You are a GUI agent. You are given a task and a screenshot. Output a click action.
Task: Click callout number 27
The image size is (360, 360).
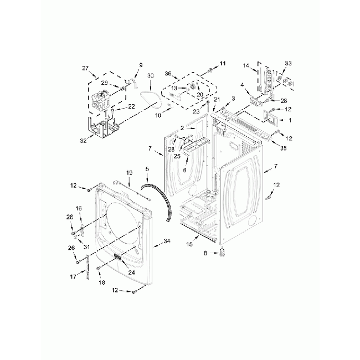(x=85, y=68)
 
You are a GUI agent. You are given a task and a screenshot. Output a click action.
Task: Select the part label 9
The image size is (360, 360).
(x=140, y=65)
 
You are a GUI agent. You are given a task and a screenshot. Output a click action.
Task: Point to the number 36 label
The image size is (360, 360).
(x=168, y=72)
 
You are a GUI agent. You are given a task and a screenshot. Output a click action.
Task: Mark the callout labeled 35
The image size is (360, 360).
(x=284, y=148)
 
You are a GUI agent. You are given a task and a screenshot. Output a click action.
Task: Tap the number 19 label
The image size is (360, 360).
(x=128, y=173)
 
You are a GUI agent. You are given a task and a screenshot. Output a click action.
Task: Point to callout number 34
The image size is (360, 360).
(x=167, y=241)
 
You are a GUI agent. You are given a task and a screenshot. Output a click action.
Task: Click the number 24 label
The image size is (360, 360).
(x=132, y=272)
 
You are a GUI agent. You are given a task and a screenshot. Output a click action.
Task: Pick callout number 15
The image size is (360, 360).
(x=189, y=244)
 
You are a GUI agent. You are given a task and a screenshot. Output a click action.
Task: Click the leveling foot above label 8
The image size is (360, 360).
(x=222, y=253)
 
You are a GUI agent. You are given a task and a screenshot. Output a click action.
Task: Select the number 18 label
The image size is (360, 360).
(x=101, y=282)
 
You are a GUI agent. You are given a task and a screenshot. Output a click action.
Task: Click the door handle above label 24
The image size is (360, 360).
(x=118, y=256)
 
